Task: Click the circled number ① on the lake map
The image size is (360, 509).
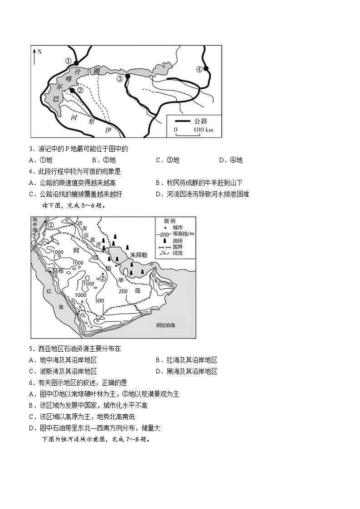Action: pyautogui.click(x=68, y=61)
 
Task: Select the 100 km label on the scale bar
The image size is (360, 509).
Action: pyautogui.click(x=203, y=130)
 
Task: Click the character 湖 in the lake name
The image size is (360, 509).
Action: pyautogui.click(x=96, y=71)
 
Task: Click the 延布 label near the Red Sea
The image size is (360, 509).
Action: pyautogui.click(x=58, y=270)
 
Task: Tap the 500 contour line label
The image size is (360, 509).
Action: pyautogui.click(x=100, y=301)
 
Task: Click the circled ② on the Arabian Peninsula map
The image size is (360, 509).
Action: pyautogui.click(x=102, y=278)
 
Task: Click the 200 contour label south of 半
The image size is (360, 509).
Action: pyautogui.click(x=122, y=291)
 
